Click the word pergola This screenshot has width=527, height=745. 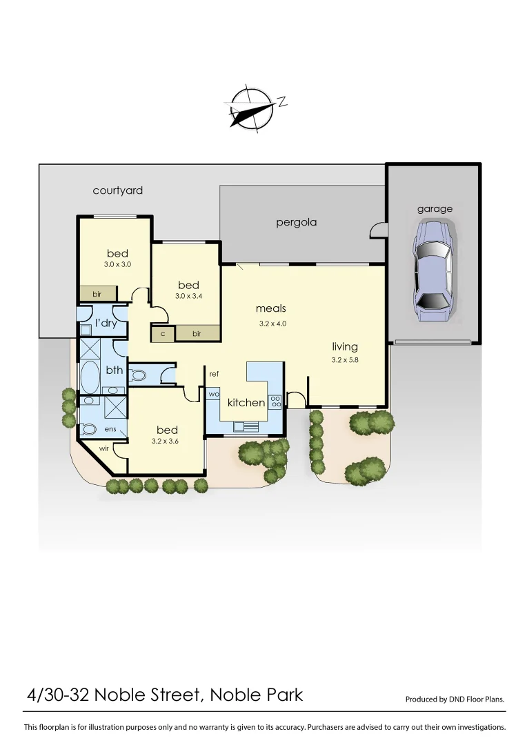coord(296,223)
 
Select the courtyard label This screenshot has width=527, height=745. coord(118,190)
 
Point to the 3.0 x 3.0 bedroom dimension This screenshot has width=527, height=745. coord(117,264)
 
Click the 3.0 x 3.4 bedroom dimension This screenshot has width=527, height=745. coord(188,296)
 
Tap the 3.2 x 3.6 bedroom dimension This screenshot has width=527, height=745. coord(166,441)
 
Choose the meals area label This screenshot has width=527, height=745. coord(270,308)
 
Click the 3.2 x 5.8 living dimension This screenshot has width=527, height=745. coord(344,359)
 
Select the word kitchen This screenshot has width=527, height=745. coord(246,403)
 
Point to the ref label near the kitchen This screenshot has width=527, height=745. coord(214,374)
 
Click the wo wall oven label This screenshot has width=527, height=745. coord(212,394)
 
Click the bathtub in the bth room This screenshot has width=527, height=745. coord(90,377)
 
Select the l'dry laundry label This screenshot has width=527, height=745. coord(106,323)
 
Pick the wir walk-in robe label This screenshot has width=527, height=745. coord(104,448)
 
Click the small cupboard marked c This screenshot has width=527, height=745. coord(163,334)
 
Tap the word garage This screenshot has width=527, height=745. coord(435,209)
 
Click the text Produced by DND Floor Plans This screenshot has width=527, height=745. coord(455,699)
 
